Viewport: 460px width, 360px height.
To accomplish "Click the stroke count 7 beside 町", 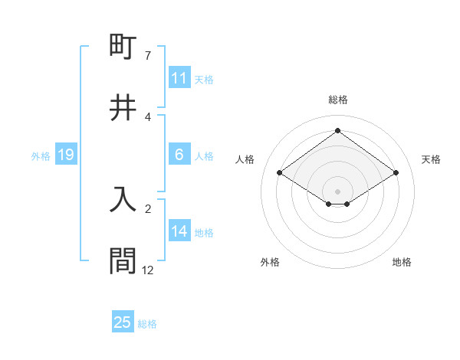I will click(148, 56).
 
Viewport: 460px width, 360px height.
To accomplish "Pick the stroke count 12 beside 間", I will click(148, 270).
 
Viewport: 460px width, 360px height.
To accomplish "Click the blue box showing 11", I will click(179, 78).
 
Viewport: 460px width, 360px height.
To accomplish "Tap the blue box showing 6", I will click(179, 155).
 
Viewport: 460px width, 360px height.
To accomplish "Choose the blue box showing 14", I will click(179, 231).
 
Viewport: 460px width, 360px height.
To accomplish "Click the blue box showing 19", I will click(65, 155).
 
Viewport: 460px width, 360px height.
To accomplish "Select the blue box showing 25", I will click(123, 322).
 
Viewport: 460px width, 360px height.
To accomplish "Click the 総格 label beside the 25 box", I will click(147, 324).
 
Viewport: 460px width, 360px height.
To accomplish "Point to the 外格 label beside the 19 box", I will click(41, 156).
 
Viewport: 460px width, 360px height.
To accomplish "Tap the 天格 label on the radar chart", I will click(431, 159).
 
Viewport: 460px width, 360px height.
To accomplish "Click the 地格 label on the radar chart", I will click(402, 262).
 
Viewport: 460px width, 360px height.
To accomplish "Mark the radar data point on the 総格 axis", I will click(337, 130).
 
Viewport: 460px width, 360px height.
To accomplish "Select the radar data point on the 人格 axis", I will click(280, 173).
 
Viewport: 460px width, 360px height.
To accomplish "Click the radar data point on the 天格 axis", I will click(396, 173).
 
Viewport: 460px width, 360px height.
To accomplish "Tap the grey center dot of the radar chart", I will click(337, 191).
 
